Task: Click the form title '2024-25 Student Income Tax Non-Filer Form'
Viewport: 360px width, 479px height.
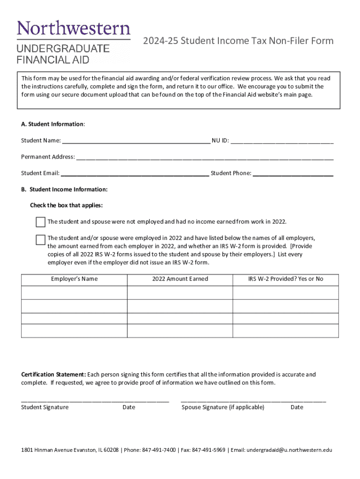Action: (238, 41)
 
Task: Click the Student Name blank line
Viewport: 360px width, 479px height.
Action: (136, 140)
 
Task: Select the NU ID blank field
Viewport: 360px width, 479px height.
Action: (282, 140)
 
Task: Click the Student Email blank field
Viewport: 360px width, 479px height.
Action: (135, 174)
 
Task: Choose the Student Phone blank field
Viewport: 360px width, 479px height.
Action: (293, 174)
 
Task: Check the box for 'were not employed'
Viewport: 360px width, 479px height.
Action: (41, 222)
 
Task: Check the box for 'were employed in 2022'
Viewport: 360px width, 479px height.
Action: (41, 239)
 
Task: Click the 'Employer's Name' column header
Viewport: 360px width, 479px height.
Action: (74, 279)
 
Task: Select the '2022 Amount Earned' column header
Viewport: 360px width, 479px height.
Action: (180, 279)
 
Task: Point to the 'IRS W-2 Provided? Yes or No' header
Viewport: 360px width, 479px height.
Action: (285, 279)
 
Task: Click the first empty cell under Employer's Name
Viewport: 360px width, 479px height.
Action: (74, 292)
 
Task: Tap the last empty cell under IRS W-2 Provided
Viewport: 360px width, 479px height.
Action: (285, 330)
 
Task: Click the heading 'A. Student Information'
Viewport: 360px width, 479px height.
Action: (53, 124)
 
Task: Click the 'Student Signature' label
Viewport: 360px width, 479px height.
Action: (45, 407)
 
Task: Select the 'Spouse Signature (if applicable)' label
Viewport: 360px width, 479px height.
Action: (223, 407)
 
